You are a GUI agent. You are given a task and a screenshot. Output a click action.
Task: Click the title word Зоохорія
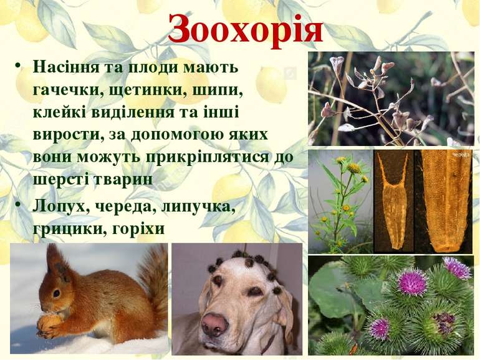point(246,29)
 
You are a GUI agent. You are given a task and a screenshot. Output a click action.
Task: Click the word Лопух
point(59,207)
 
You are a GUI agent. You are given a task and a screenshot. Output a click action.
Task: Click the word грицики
point(64,229)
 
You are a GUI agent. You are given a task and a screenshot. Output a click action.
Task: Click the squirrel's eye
point(56,293)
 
